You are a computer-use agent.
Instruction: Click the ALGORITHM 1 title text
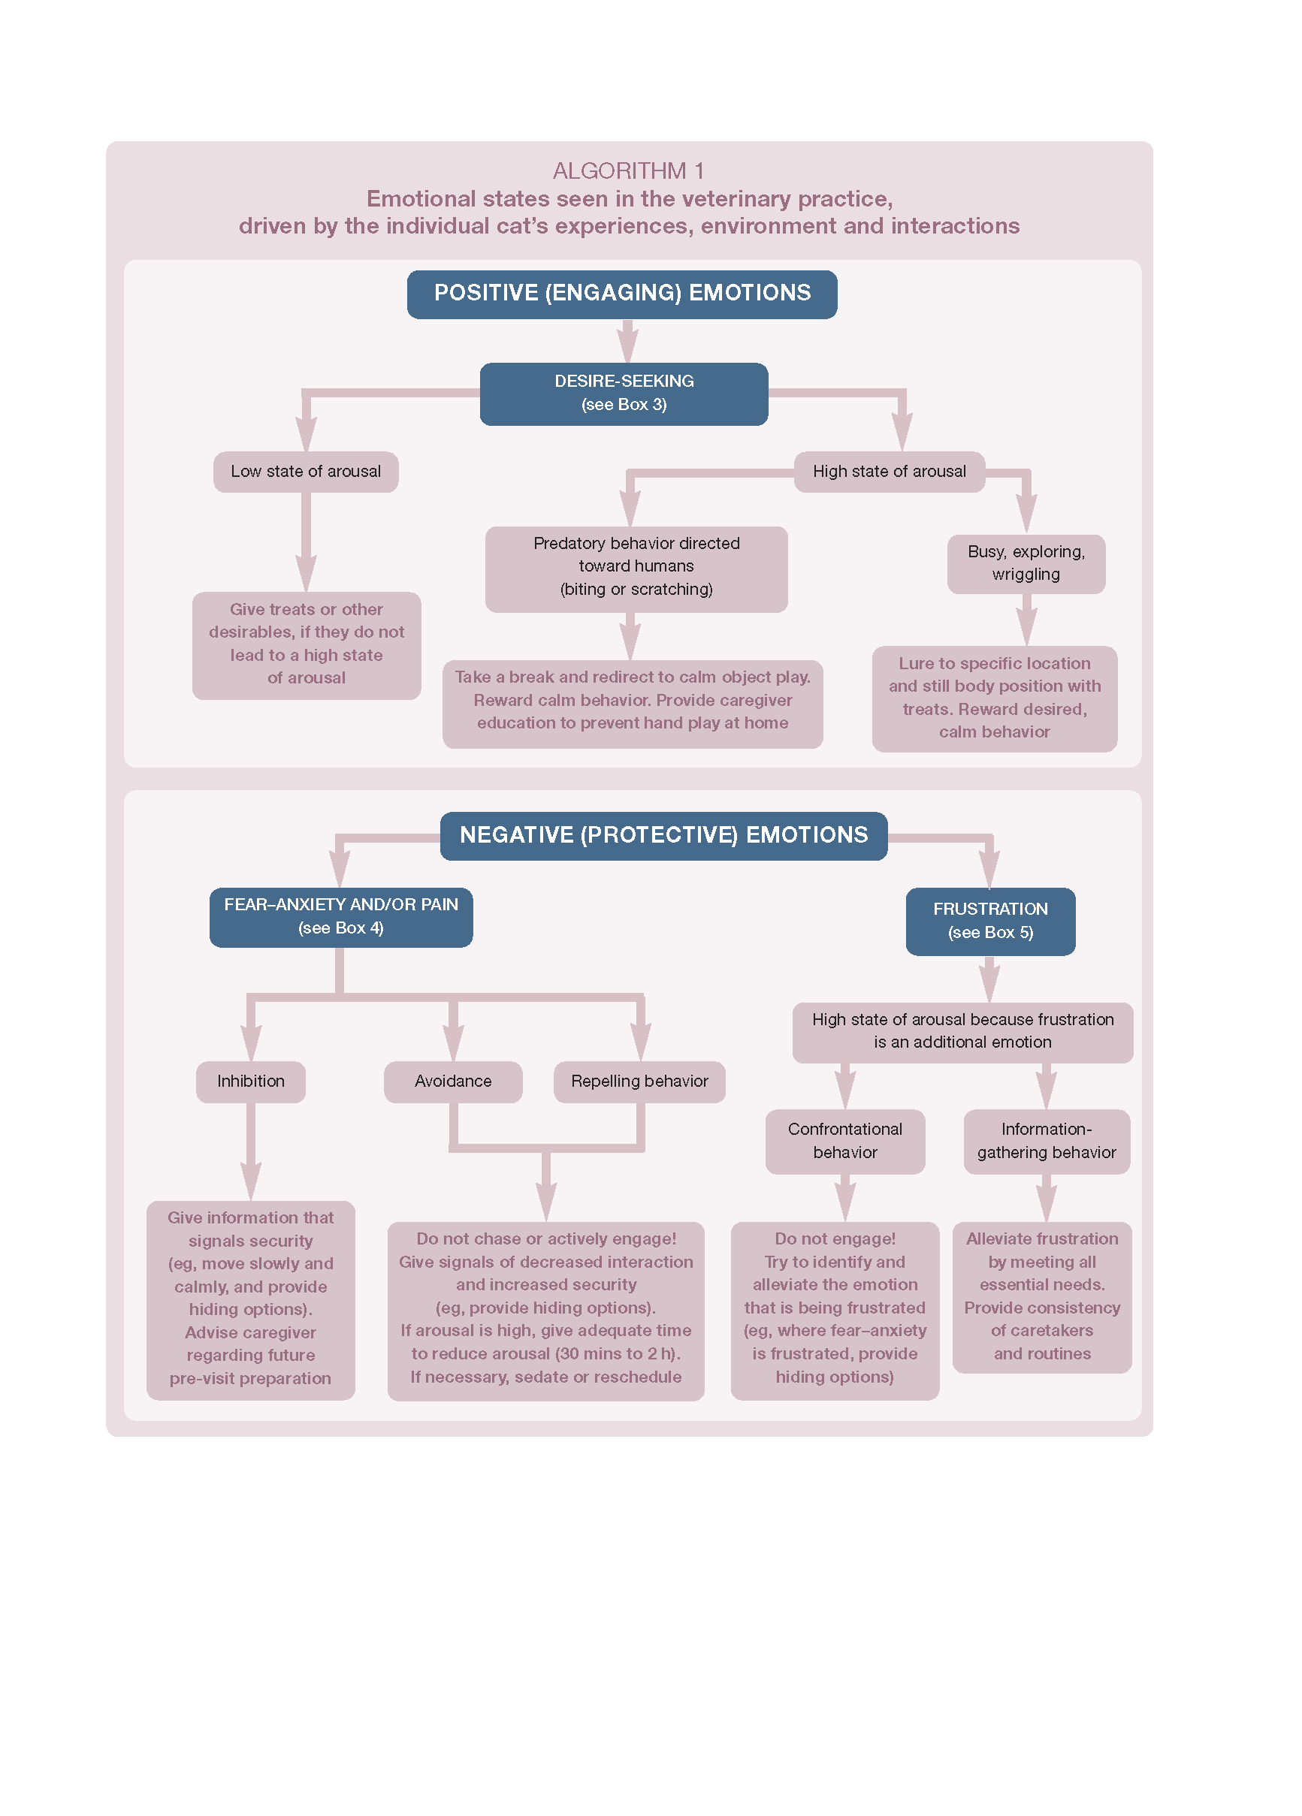tap(628, 170)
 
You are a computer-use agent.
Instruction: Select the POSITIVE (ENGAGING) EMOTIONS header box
tap(622, 294)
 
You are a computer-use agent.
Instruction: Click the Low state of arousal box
tap(305, 472)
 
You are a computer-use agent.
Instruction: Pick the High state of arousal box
tap(890, 472)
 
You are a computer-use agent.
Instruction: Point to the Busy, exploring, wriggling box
tap(1026, 564)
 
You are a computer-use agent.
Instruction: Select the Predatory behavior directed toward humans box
tap(636, 569)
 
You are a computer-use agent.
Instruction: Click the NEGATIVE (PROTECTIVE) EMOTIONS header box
tap(663, 836)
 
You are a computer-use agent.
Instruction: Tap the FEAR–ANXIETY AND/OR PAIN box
tap(340, 917)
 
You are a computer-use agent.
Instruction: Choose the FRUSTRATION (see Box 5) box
tap(990, 921)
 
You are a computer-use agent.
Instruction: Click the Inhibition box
tap(251, 1081)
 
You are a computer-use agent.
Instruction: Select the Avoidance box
tap(453, 1081)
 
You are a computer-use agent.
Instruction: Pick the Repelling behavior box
tap(639, 1081)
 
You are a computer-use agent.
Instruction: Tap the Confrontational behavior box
tap(844, 1141)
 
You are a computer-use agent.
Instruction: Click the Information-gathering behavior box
tap(1047, 1141)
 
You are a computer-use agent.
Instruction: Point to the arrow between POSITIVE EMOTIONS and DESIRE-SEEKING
tap(628, 341)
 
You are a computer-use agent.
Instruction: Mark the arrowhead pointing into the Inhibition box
tap(251, 1043)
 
